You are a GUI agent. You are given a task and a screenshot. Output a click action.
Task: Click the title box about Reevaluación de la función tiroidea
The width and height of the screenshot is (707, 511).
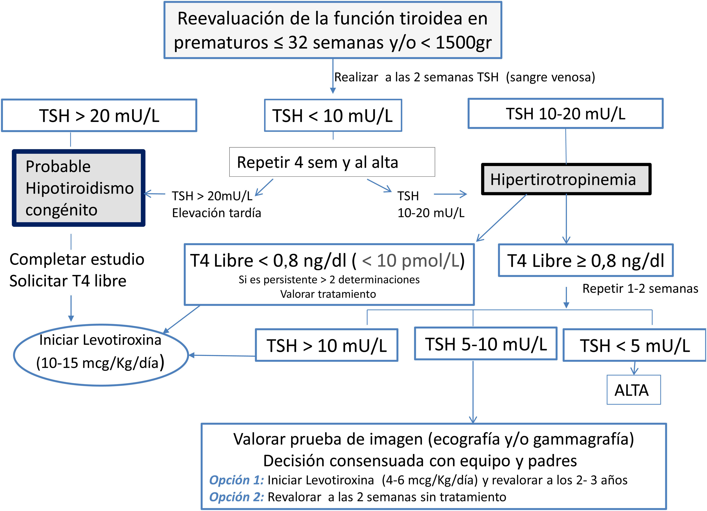tap(333, 30)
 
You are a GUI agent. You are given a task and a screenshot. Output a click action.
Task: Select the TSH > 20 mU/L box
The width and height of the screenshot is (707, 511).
tap(99, 116)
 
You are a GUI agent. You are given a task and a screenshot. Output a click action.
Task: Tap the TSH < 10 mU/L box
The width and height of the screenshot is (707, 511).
tap(333, 116)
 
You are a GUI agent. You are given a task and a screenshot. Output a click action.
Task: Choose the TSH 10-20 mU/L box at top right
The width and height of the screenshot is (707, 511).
tap(565, 114)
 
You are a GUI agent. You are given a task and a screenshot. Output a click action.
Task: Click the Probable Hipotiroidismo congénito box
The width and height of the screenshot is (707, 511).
tap(79, 188)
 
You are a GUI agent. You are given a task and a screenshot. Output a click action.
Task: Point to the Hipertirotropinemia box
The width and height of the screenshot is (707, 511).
tap(566, 179)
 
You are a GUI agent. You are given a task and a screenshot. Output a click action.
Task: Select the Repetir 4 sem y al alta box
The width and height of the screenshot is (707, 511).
tap(332, 162)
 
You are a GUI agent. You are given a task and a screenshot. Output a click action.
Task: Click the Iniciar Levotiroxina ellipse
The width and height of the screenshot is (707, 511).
tap(101, 355)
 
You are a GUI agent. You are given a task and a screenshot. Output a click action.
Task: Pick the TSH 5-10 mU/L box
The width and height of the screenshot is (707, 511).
tap(485, 344)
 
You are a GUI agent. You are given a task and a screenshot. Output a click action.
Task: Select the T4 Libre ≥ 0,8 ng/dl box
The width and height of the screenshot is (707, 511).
tap(586, 260)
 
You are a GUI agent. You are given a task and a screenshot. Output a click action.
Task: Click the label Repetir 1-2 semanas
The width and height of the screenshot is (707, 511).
tap(640, 288)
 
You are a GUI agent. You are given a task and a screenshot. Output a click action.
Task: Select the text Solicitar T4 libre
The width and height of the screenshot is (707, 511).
tap(68, 281)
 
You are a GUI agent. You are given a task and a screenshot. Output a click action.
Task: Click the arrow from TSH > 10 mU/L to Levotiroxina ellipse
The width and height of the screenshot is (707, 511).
tap(222, 355)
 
